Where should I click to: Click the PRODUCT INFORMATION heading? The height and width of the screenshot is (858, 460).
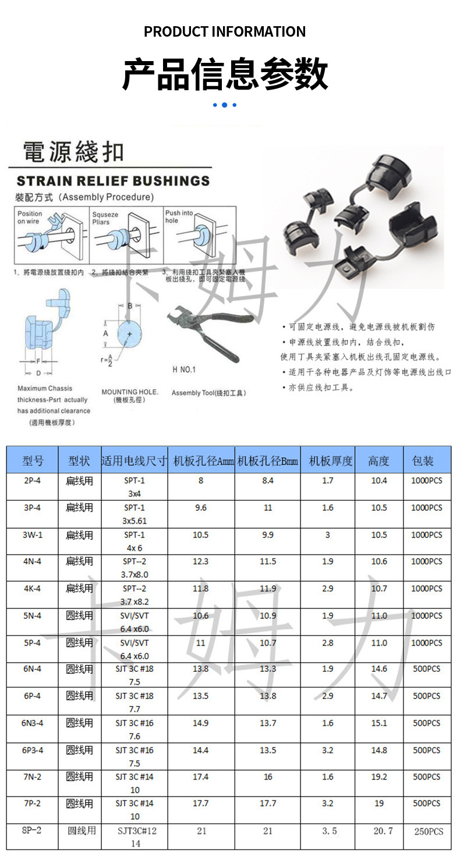pos(225,31)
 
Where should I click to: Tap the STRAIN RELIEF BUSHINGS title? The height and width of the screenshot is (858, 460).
pos(113,180)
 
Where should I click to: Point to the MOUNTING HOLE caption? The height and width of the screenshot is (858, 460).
pos(130,392)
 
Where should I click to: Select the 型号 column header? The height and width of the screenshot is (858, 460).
pos(33,461)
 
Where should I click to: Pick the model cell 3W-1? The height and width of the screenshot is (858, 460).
pos(33,535)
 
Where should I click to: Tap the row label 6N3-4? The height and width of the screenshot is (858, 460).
pos(33,723)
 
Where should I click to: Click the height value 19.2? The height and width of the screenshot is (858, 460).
pos(379,777)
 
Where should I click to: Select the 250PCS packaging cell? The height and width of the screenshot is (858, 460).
pos(429,831)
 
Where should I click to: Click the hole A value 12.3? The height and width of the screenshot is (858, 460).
pos(201,561)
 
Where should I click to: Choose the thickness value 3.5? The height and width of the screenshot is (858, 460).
pos(330,831)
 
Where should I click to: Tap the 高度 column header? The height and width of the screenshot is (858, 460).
pos(379,461)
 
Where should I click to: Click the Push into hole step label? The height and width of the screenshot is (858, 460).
pos(179,216)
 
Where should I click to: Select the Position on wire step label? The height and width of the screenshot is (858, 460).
pos(30,218)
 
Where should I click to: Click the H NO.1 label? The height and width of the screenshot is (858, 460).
pos(184,369)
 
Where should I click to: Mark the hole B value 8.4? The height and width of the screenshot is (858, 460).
pos(268,480)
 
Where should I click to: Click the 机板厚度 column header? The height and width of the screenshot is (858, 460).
pos(331,461)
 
